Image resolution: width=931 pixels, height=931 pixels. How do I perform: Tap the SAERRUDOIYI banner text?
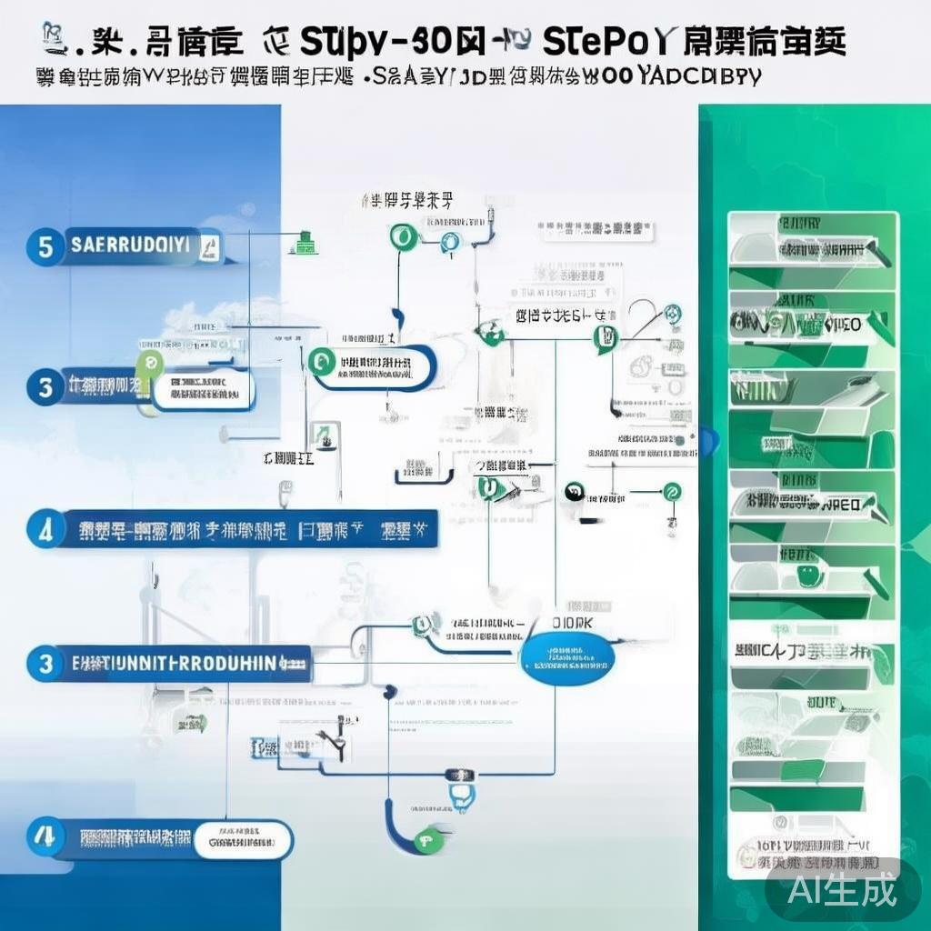click(128, 245)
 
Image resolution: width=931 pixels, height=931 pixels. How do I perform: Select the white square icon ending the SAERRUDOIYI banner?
click(208, 245)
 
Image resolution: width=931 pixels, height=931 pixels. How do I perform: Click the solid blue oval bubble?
click(569, 661)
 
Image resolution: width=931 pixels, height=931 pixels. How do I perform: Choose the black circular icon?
click(574, 491)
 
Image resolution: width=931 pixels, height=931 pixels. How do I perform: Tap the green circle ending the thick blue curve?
click(424, 842)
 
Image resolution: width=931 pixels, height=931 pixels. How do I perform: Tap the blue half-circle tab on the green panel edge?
click(708, 441)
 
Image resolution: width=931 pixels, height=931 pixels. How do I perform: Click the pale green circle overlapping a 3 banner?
click(149, 365)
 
